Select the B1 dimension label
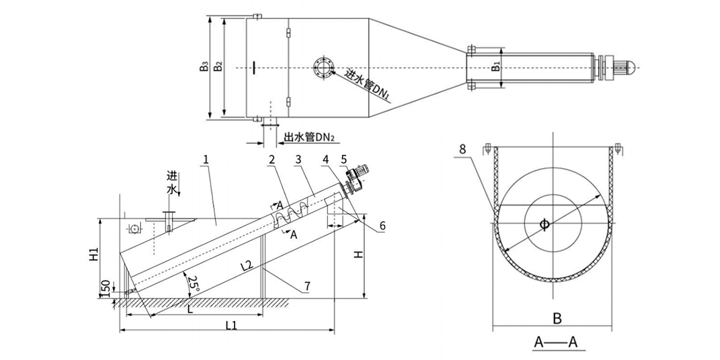[x=496, y=65]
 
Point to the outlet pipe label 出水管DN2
[x=308, y=137]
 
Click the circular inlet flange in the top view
[x=323, y=67]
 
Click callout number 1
[x=206, y=160]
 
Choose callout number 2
[x=272, y=160]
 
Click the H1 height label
[x=94, y=255]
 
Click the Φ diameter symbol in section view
[x=544, y=224]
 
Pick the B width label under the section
[x=557, y=319]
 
